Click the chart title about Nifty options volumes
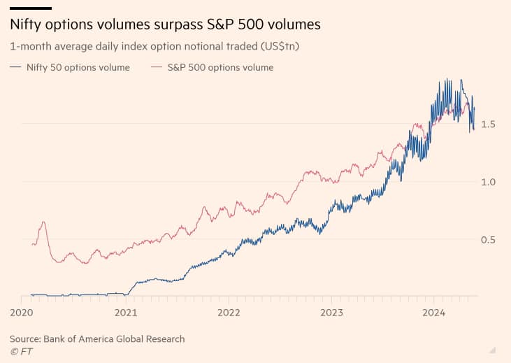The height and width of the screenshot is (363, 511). (165, 24)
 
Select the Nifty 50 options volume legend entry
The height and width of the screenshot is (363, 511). (78, 68)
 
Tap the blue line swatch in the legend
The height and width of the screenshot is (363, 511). (16, 68)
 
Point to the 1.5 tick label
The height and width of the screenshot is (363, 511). (488, 124)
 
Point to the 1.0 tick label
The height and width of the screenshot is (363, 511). (488, 182)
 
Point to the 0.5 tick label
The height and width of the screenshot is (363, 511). (488, 240)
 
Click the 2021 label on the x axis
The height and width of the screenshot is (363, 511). (125, 312)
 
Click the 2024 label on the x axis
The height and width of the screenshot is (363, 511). (434, 312)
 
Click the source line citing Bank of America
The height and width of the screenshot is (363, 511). (97, 339)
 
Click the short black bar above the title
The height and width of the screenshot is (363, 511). (31, 8)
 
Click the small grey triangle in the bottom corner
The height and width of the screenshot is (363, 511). (493, 349)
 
